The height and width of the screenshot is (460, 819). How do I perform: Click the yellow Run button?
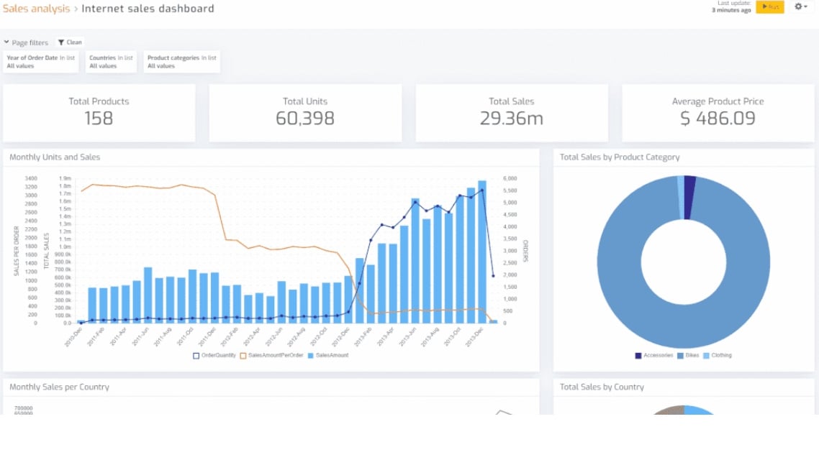769,6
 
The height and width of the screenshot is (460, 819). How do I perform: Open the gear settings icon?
800,6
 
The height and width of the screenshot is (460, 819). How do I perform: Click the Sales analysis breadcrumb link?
36,9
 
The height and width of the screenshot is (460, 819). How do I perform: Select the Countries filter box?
111,62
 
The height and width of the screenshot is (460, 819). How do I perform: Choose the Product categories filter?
181,62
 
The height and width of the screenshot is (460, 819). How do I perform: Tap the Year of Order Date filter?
40,62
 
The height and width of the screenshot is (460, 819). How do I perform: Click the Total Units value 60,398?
305,119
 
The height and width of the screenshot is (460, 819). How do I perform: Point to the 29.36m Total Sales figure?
511,119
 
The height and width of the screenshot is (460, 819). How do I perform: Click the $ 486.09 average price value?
718,119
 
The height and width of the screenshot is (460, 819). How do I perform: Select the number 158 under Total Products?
99,119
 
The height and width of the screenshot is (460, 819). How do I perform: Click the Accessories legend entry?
654,355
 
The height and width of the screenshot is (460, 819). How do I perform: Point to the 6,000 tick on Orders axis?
510,178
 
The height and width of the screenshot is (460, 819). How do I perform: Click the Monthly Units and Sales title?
55,157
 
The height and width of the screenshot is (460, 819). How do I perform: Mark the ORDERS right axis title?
526,251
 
